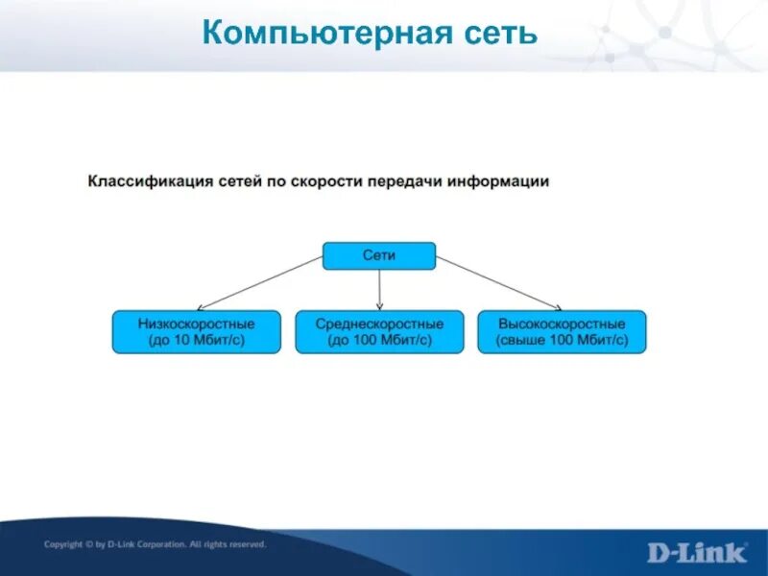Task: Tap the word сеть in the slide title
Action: pos(499,35)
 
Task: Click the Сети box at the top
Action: pos(379,255)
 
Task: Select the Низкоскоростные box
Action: pos(197,332)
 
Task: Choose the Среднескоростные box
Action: pos(379,332)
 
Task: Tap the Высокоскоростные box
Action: pos(563,332)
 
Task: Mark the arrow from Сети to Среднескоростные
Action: pos(379,288)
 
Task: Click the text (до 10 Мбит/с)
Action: pos(197,341)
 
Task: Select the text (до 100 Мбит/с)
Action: pos(379,341)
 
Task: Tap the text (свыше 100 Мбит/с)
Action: pos(563,341)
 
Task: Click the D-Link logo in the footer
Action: pos(696,552)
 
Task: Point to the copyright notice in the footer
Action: pos(155,544)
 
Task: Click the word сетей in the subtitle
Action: pos(238,181)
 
